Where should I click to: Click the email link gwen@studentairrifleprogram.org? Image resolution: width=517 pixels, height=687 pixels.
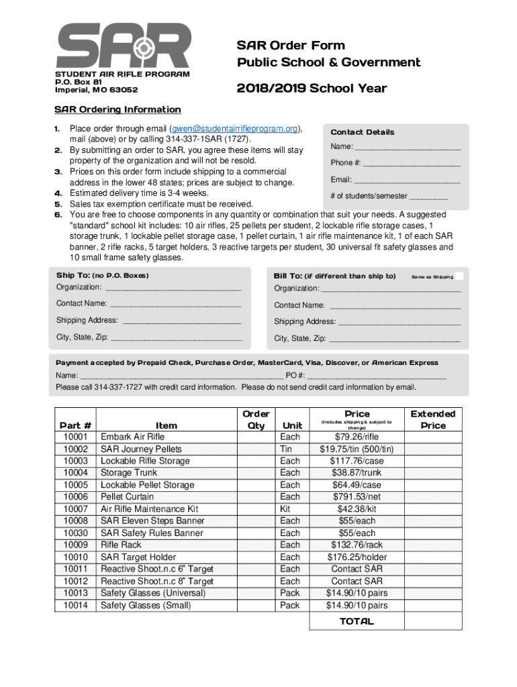(x=234, y=129)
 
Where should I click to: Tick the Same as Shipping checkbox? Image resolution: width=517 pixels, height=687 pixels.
(x=459, y=276)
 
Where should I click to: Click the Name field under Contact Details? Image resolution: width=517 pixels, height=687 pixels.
(x=407, y=147)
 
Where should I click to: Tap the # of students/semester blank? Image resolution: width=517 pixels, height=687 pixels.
(x=428, y=196)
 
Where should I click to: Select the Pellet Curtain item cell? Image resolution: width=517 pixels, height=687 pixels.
(x=127, y=497)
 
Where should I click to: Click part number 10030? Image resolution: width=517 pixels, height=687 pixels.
(x=75, y=533)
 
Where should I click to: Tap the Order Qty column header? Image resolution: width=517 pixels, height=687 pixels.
(x=256, y=419)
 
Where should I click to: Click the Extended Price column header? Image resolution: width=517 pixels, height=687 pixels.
(x=432, y=419)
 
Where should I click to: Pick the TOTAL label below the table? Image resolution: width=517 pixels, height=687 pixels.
(x=357, y=621)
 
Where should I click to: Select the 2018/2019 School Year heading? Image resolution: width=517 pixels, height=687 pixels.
(x=311, y=89)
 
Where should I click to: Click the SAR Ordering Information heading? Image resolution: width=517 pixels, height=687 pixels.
(x=117, y=109)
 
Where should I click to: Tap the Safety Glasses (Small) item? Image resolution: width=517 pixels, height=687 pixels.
(x=146, y=605)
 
